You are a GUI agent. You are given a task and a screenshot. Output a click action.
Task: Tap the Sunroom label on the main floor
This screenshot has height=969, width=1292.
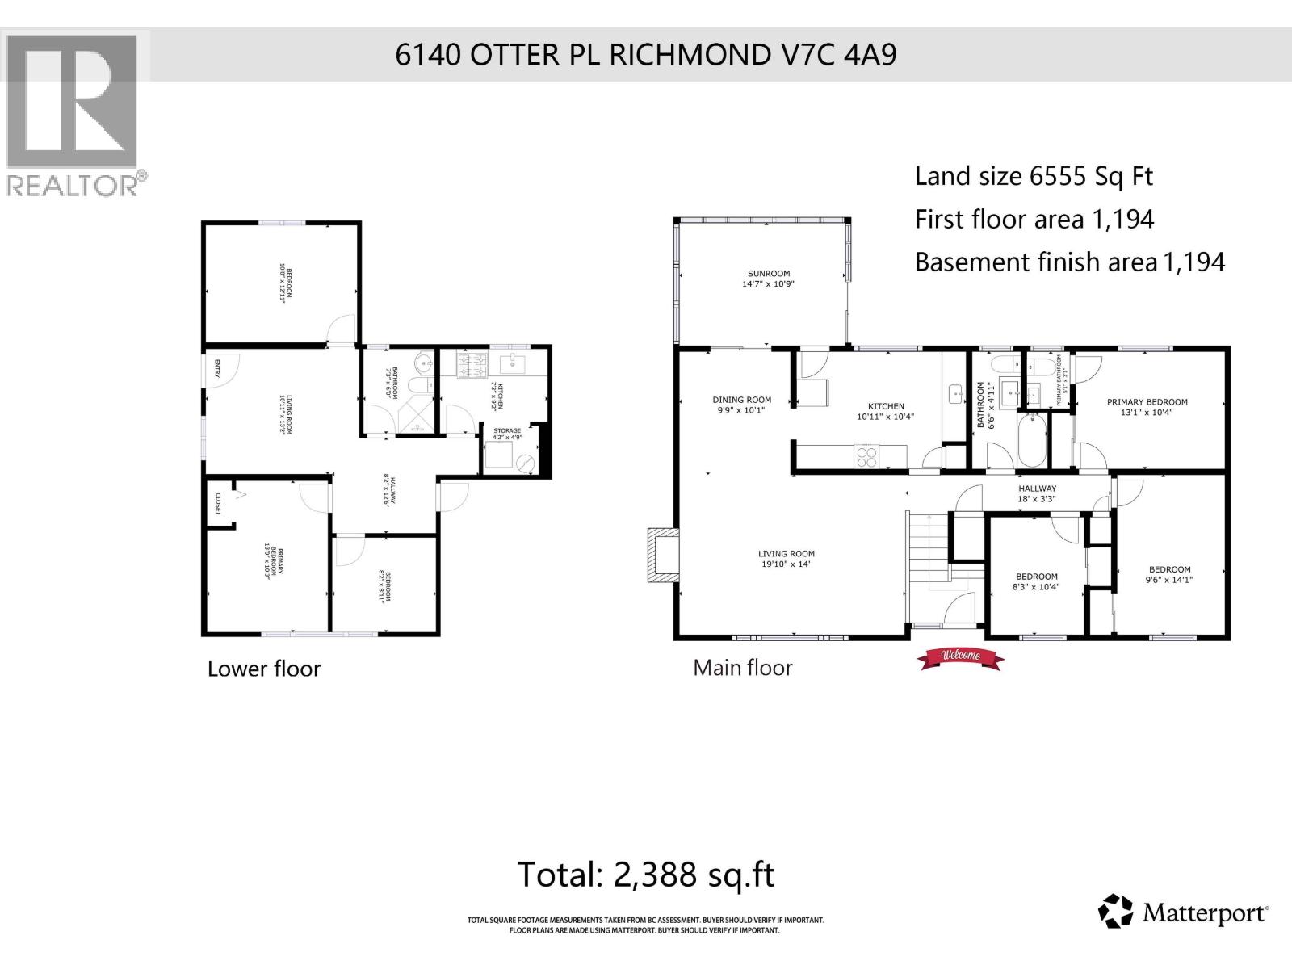click(x=768, y=279)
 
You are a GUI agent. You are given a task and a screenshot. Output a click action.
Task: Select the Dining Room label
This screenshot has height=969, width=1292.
click(x=741, y=405)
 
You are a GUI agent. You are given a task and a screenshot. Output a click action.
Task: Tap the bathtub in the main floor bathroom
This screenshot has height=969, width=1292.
click(x=1031, y=440)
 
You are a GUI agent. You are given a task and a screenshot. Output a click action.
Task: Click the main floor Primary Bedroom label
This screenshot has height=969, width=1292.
click(x=1147, y=407)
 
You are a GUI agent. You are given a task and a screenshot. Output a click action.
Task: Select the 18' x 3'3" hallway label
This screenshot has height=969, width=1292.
click(x=1037, y=493)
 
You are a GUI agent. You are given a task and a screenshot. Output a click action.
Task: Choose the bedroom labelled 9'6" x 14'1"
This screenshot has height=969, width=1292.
click(x=1169, y=574)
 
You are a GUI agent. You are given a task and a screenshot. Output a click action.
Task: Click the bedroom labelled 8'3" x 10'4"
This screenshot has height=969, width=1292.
click(x=1036, y=581)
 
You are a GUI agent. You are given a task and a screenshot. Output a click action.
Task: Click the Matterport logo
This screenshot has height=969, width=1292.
click(x=1183, y=912)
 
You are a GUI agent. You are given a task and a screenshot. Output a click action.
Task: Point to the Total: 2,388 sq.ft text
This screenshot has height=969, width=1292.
click(x=645, y=875)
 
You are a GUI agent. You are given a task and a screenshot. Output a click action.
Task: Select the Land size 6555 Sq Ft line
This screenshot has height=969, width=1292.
click(x=1034, y=176)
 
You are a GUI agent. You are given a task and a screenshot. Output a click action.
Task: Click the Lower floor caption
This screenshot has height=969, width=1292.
click(x=263, y=669)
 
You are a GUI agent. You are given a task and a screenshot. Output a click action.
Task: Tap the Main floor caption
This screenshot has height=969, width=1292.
click(x=742, y=668)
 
